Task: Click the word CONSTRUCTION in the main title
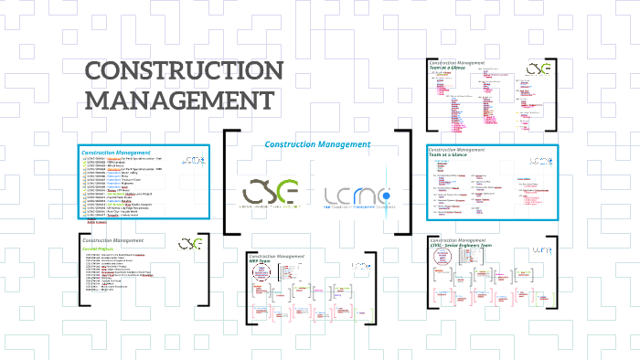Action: pos(185,72)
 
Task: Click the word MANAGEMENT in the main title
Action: pos(178,99)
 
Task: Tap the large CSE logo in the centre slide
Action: pos(270,193)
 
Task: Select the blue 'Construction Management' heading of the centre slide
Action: pos(316,144)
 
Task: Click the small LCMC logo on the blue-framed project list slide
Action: pos(195,161)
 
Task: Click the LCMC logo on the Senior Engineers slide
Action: pos(542,249)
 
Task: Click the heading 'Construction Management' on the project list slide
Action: pos(115,152)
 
